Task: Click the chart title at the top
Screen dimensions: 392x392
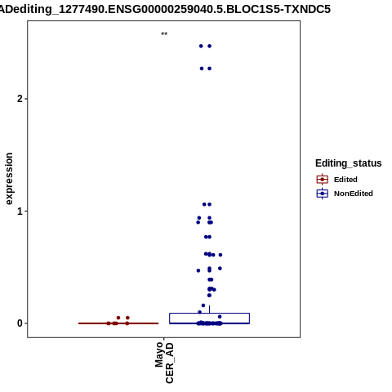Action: click(x=165, y=9)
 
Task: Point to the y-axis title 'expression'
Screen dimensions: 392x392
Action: click(x=9, y=179)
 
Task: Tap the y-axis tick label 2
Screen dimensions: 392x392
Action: click(x=20, y=99)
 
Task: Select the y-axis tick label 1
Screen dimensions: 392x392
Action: click(x=20, y=211)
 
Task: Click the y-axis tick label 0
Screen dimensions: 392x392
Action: click(x=20, y=323)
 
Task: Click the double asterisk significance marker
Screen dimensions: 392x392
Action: click(x=164, y=34)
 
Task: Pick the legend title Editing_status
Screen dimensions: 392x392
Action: click(x=348, y=163)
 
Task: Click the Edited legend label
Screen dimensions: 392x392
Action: click(x=345, y=180)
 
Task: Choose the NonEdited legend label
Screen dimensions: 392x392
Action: click(x=354, y=194)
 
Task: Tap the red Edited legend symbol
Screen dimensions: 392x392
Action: click(x=323, y=180)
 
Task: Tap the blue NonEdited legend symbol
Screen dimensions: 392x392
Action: click(x=323, y=194)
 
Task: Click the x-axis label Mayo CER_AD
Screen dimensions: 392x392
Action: click(x=164, y=363)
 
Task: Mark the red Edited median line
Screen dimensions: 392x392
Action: click(x=118, y=323)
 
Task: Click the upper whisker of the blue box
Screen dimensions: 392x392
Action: click(x=209, y=310)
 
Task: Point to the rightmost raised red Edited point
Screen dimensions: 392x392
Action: click(x=127, y=318)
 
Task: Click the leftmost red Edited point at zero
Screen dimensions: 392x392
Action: click(x=109, y=323)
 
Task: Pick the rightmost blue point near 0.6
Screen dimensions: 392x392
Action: click(x=220, y=255)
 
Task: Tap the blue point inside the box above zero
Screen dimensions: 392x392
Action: click(x=220, y=317)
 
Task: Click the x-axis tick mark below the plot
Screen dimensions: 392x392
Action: click(x=164, y=339)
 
